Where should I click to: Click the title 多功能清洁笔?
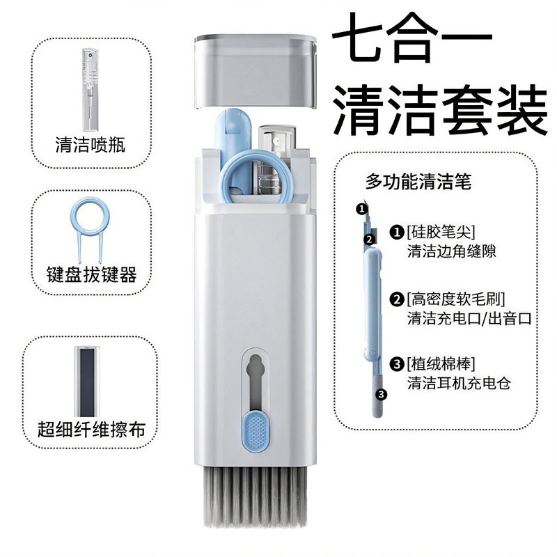click(x=418, y=183)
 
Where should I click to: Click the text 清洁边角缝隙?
click(x=452, y=251)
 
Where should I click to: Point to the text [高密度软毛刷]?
click(x=457, y=300)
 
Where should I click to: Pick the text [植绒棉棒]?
click(x=446, y=363)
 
